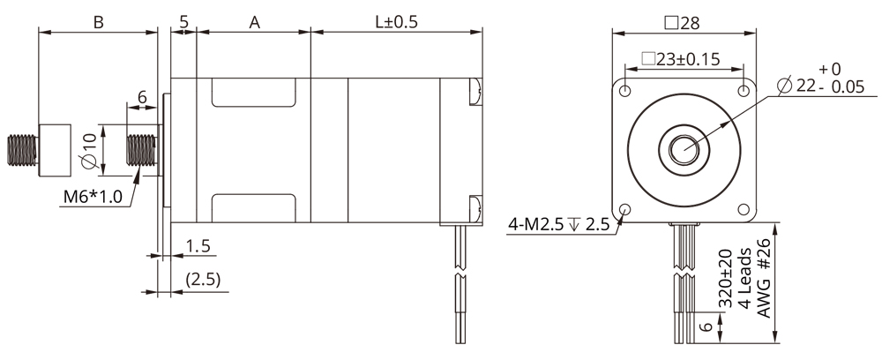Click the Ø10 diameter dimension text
tap(88, 150)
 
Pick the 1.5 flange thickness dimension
tap(198, 246)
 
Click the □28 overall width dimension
tap(684, 21)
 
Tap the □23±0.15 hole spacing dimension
tap(681, 60)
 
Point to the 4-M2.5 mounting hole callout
tap(558, 224)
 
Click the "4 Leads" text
tap(744, 281)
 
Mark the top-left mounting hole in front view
tap(625, 91)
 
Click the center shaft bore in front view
tap(685, 150)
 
